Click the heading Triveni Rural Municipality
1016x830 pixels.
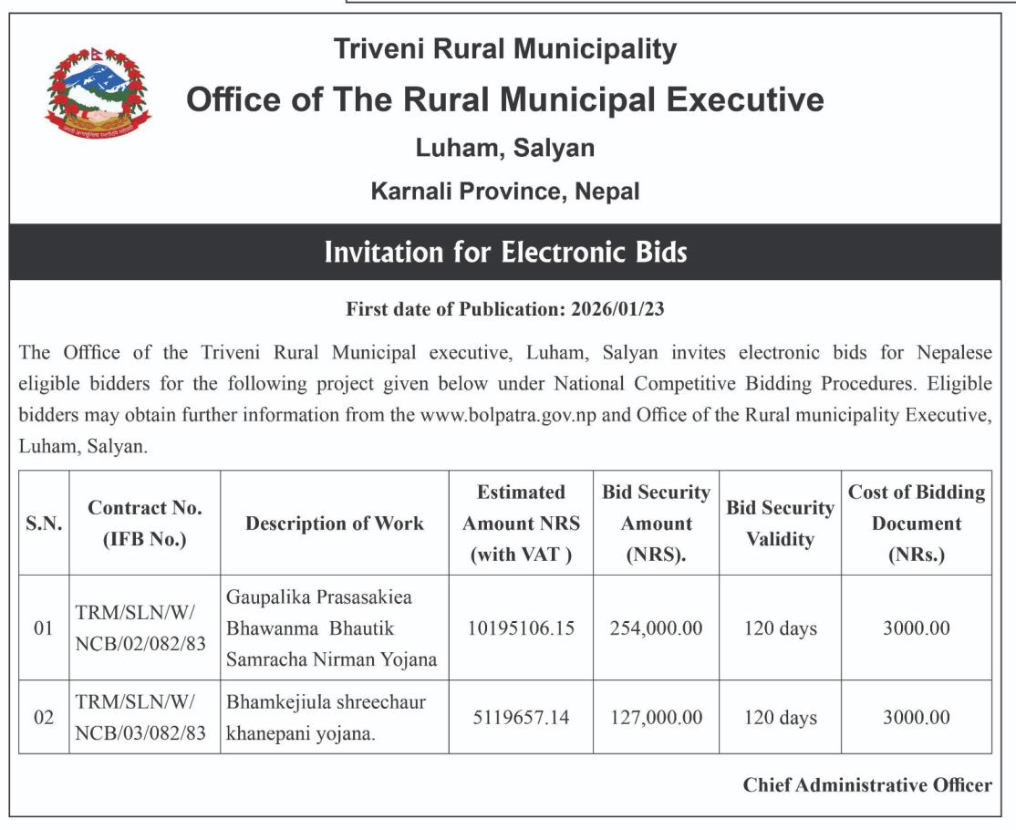pos(505,49)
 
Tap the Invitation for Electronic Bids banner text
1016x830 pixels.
pos(505,252)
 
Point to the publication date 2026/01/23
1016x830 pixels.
pos(617,309)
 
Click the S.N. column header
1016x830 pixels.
pos(44,524)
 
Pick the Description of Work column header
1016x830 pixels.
pos(334,524)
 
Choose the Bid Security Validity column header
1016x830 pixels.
pos(780,524)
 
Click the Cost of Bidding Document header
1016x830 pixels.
pos(916,524)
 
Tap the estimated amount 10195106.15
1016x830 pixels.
pos(521,628)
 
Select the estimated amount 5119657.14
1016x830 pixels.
pos(521,718)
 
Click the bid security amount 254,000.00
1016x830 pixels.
pos(657,628)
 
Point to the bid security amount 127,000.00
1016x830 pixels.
pos(657,718)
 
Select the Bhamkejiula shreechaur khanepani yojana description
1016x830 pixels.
pos(326,718)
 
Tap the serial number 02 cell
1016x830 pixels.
pos(44,718)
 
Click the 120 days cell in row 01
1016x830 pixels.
pos(780,628)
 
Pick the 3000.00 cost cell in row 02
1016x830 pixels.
pos(916,718)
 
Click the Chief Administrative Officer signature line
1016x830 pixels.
pos(866,785)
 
